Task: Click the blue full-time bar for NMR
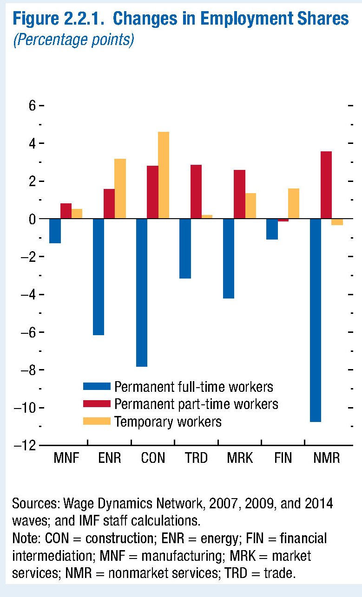(x=316, y=320)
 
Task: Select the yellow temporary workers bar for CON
(x=164, y=175)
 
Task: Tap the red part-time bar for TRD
(x=196, y=191)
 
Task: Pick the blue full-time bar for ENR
(x=99, y=277)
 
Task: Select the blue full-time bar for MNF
(x=55, y=231)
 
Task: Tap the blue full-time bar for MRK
(x=229, y=258)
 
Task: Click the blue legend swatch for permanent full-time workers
(x=97, y=387)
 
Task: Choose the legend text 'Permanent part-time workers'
(x=196, y=404)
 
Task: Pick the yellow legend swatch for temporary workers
(x=97, y=422)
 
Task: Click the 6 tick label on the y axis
(x=32, y=106)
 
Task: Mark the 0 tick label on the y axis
(x=32, y=219)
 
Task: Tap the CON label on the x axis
(x=153, y=458)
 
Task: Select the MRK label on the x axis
(x=240, y=458)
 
